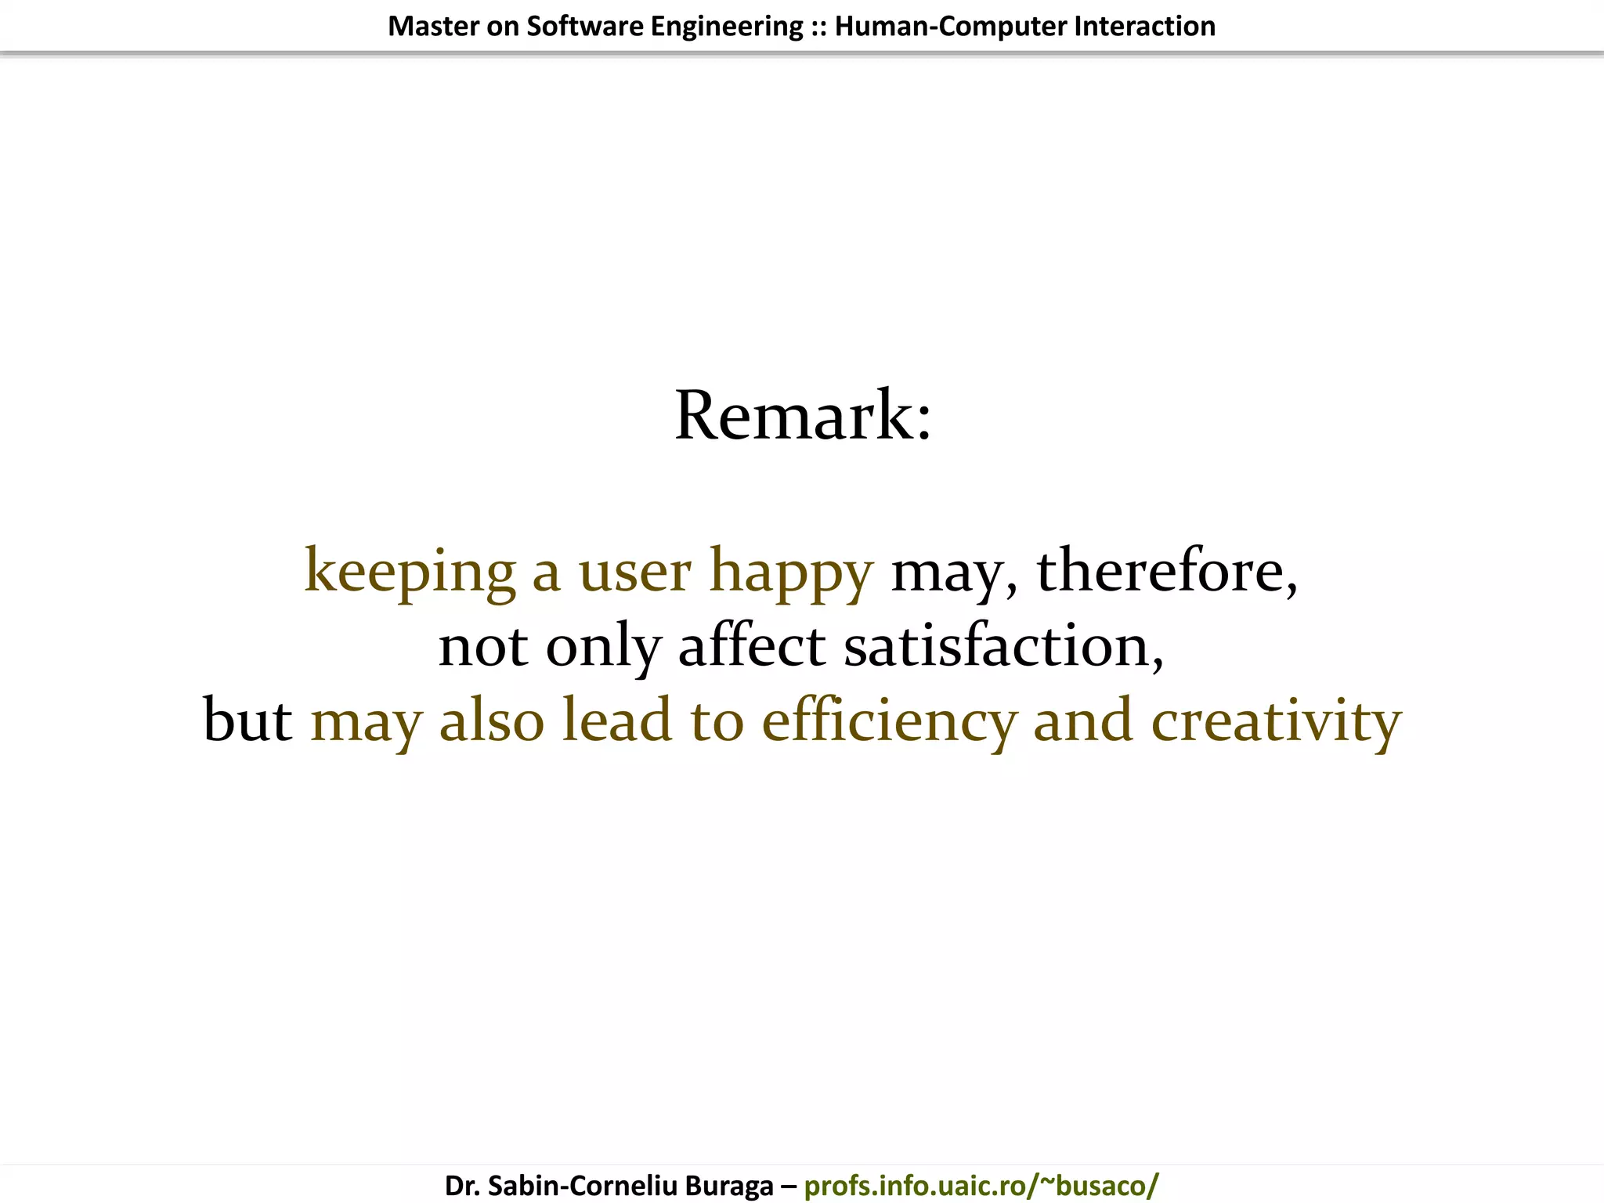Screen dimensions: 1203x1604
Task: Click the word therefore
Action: [x=1166, y=570]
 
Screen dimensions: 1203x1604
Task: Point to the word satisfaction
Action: [x=1003, y=646]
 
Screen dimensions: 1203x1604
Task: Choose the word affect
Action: [x=751, y=646]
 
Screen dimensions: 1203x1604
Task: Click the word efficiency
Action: [x=888, y=721]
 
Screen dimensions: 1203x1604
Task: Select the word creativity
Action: [x=1276, y=721]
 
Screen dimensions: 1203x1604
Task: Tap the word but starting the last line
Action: [x=247, y=721]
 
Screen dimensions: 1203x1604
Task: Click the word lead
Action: [x=617, y=721]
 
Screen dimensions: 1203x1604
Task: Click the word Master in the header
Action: [x=433, y=27]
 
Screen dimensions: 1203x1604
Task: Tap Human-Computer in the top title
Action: [x=951, y=27]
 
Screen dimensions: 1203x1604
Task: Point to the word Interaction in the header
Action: [x=1145, y=27]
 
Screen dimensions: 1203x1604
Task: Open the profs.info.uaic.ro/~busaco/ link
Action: [x=981, y=1185]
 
